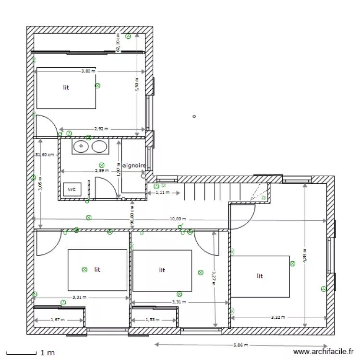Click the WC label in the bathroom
72,190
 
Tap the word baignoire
134,165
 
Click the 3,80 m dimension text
88,71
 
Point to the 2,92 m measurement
101,129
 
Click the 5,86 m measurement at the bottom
241,345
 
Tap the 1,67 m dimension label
58,320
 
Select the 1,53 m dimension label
153,320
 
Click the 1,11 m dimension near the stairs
163,193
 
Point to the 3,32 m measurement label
278,317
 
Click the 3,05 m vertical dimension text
40,184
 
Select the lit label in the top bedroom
66,87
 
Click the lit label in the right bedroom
260,276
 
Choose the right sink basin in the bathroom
99,146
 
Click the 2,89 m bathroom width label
102,170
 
